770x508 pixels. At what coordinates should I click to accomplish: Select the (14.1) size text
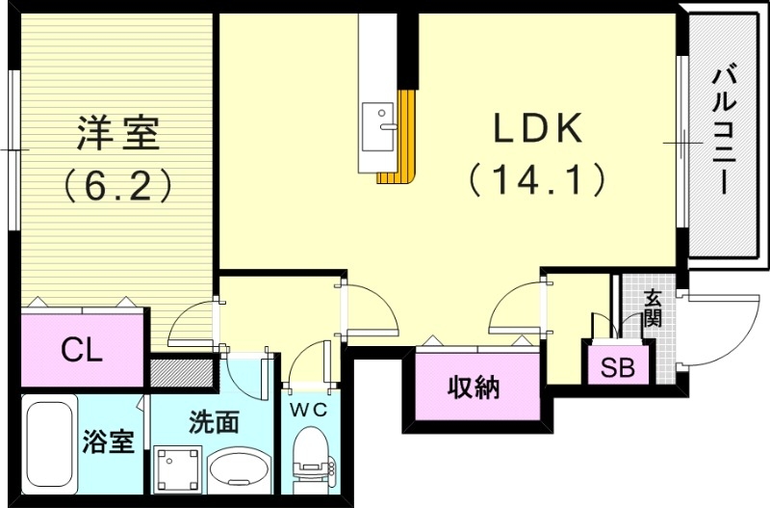click(537, 179)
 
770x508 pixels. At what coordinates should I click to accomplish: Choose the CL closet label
click(82, 350)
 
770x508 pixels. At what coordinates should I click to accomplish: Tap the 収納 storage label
click(473, 388)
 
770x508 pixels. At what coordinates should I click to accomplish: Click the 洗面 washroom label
click(213, 421)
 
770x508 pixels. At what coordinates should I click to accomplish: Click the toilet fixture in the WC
click(311, 463)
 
